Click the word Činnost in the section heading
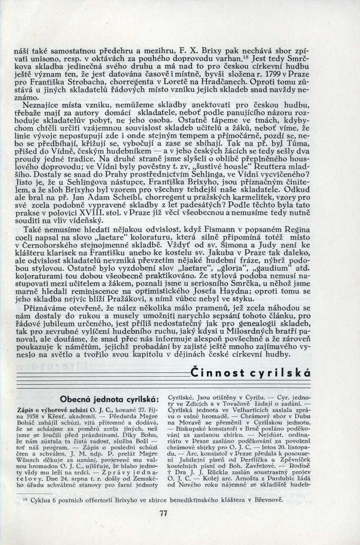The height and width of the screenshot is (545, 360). pyautogui.click(x=215, y=372)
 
